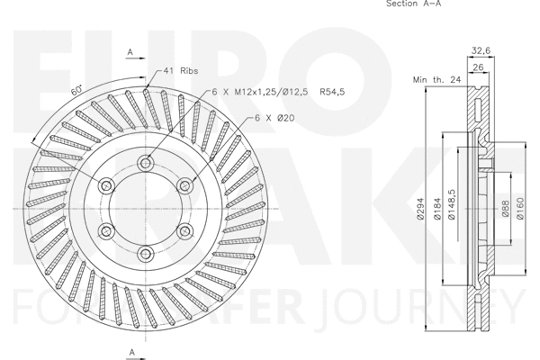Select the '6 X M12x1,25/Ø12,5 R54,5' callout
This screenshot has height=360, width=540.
(265, 92)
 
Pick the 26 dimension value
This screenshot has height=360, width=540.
(478, 67)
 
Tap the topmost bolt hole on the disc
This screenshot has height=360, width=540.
(147, 163)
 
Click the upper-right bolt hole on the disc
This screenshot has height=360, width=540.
(185, 185)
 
